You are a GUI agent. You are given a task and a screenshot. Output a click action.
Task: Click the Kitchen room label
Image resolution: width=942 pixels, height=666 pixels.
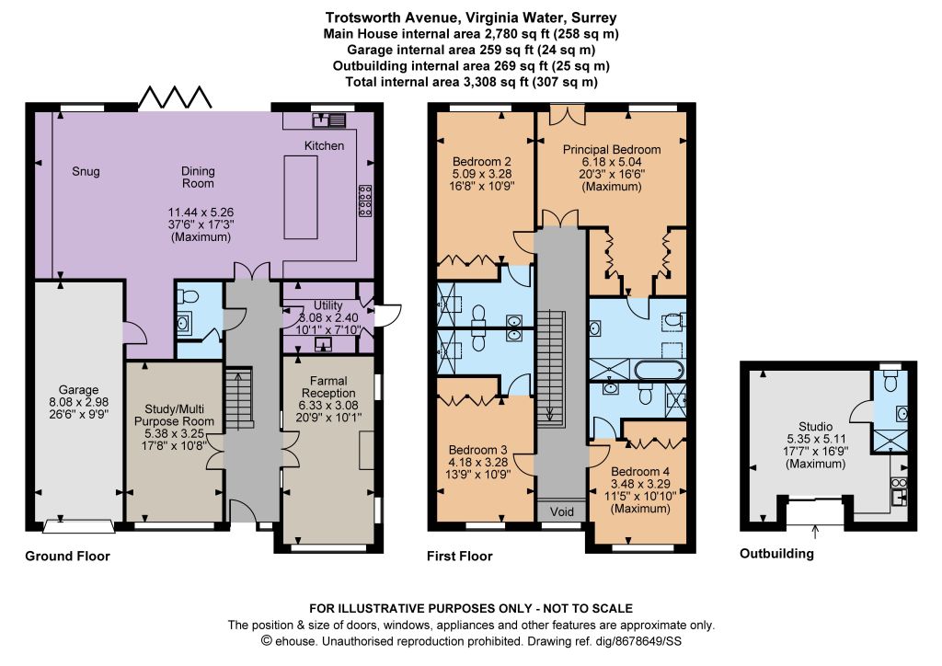tap(324, 145)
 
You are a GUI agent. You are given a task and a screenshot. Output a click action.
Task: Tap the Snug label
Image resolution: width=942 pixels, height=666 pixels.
tap(86, 171)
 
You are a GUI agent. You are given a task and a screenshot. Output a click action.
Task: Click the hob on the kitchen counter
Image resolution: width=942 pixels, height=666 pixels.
tap(364, 200)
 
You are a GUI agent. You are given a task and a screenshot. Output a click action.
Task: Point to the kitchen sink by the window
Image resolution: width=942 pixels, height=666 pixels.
tap(328, 121)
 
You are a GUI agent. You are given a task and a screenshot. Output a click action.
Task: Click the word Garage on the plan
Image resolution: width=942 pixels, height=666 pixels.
tap(79, 390)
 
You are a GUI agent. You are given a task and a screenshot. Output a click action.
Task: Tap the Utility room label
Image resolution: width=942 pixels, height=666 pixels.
tap(328, 305)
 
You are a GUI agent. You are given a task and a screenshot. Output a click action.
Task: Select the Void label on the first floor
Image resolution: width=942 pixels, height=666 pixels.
tap(562, 511)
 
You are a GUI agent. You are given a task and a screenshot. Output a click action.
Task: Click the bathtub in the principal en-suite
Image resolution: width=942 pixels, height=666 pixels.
tap(659, 369)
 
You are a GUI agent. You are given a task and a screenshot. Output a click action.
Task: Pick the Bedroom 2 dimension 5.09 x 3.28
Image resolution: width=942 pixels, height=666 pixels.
tap(482, 174)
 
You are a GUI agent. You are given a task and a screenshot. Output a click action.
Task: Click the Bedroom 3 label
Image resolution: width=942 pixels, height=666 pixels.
tap(478, 450)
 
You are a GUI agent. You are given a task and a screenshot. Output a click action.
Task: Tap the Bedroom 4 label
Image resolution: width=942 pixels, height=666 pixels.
tap(640, 472)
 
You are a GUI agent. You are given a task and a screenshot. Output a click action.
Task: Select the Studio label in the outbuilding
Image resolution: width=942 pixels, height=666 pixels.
tap(816, 427)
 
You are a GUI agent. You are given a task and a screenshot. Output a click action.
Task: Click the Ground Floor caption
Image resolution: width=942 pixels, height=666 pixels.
tap(67, 557)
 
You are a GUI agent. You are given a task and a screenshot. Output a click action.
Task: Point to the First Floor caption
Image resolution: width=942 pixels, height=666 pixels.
tap(460, 557)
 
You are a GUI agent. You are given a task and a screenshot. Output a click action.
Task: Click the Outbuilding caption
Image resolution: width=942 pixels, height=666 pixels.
tap(776, 554)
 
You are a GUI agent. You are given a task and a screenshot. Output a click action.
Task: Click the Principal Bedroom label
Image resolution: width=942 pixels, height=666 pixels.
tap(612, 150)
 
